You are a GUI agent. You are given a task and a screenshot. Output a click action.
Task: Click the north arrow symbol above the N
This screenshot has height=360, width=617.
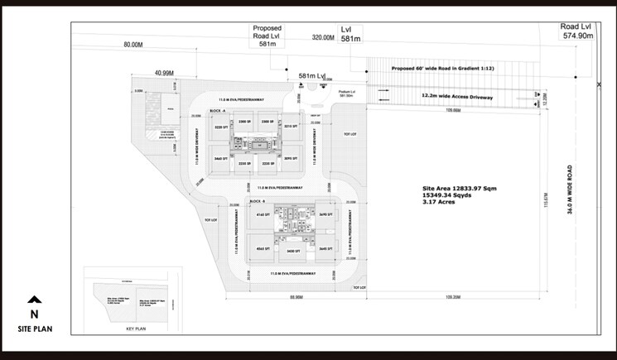(34, 301)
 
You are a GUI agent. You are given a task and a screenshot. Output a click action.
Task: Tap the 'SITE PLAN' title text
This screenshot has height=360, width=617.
(34, 329)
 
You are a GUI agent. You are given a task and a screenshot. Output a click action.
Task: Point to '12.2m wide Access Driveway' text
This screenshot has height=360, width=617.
(457, 97)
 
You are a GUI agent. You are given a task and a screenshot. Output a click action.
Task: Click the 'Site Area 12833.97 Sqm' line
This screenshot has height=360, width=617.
(460, 189)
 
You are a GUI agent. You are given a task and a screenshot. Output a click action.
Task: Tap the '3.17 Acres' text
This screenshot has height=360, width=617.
(440, 203)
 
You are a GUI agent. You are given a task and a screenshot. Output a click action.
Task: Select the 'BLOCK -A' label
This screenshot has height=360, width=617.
(219, 110)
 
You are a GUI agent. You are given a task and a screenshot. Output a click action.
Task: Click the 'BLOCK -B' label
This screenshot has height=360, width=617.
(256, 201)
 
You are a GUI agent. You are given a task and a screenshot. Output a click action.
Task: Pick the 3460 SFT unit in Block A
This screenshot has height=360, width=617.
(219, 156)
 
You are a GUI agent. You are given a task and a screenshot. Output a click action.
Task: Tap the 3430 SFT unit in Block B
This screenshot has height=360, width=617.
(291, 250)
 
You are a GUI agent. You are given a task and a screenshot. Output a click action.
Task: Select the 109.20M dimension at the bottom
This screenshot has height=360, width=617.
(452, 295)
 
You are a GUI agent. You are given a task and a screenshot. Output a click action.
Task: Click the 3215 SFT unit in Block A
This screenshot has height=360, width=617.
(291, 127)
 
